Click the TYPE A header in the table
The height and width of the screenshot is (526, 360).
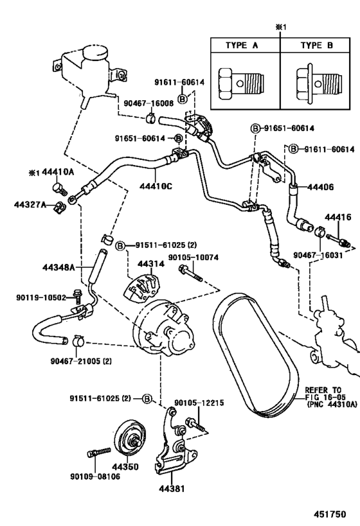242,46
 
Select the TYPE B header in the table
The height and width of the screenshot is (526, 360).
317,46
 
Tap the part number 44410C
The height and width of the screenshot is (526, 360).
156,185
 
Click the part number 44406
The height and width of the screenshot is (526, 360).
320,186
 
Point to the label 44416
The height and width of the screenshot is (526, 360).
337,216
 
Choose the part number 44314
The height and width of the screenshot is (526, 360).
151,264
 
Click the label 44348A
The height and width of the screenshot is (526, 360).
59,267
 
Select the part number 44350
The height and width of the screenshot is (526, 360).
125,467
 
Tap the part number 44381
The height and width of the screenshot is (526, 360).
172,488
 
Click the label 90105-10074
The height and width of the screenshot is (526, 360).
193,257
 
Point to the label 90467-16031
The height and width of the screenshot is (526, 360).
318,255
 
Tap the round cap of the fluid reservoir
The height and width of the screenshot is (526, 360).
96,52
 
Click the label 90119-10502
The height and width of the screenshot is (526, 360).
41,297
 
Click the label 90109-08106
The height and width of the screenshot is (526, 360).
95,476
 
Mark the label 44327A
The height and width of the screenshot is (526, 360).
30,204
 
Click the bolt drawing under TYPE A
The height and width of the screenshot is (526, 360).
241,83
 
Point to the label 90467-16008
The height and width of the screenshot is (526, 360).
148,103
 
